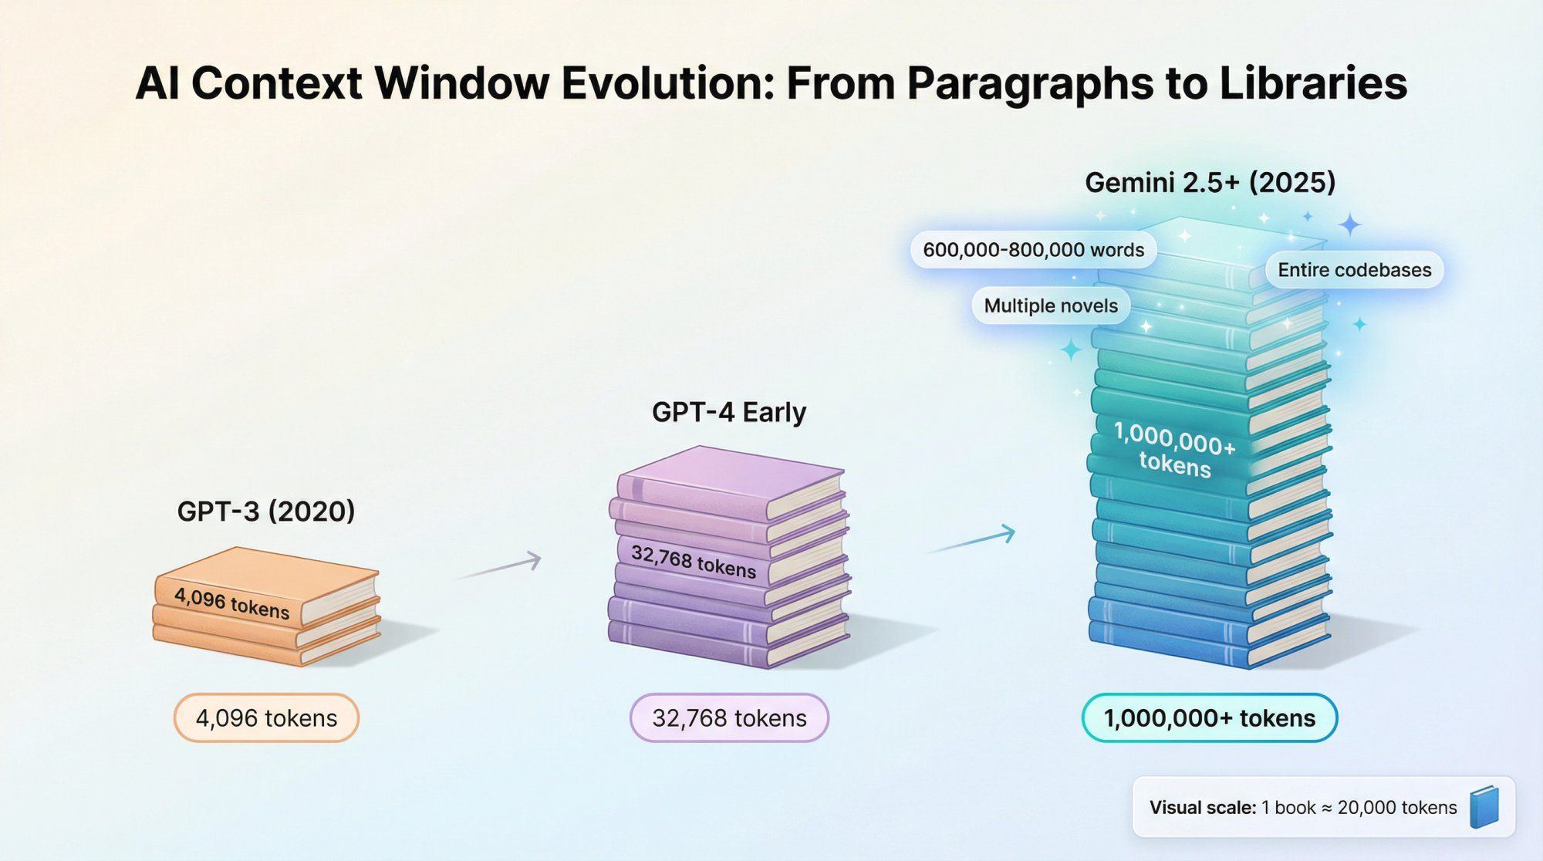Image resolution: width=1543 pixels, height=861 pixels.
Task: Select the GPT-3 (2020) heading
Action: (266, 512)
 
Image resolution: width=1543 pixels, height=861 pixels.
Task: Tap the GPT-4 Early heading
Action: (729, 412)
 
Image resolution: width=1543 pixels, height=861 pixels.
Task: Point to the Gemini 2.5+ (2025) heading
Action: (1210, 183)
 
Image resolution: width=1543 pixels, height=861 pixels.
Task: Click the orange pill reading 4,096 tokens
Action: (266, 718)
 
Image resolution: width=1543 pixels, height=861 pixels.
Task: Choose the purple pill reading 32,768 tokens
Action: (729, 718)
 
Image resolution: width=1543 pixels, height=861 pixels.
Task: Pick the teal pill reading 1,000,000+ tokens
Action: (1209, 718)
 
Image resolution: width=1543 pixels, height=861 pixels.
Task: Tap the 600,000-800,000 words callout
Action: (1033, 250)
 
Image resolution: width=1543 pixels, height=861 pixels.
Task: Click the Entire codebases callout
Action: (1354, 270)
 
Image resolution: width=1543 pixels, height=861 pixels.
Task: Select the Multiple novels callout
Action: (1050, 306)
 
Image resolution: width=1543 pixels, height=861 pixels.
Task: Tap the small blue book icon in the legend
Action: (1484, 807)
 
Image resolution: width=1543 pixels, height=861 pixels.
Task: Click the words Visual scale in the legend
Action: (1202, 808)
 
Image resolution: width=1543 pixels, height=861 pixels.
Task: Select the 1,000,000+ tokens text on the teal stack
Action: (1174, 451)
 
